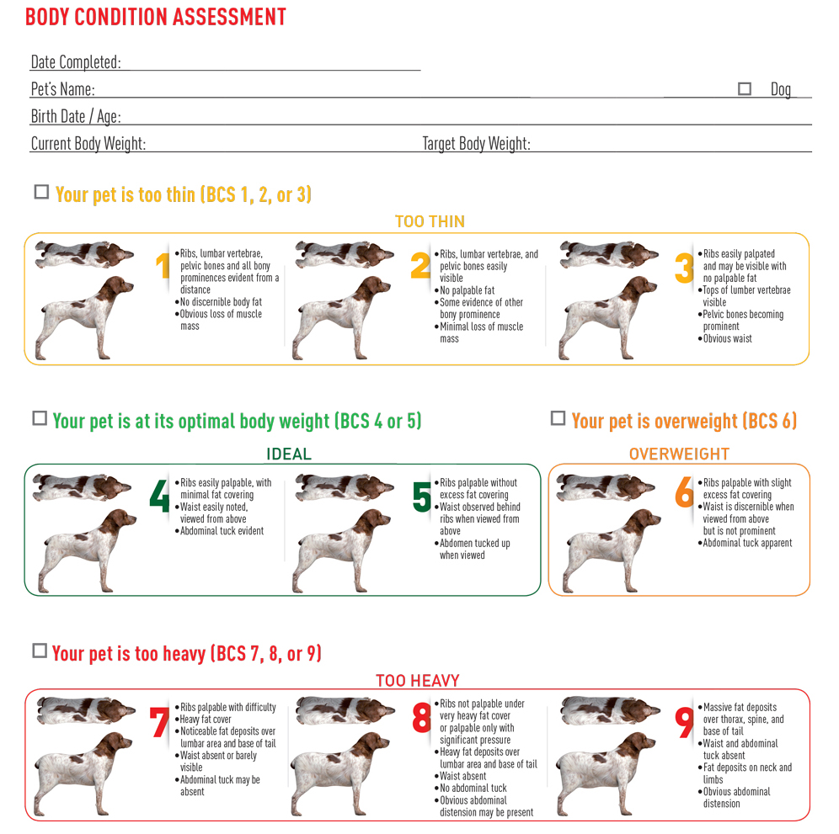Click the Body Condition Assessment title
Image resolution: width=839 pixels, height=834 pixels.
point(156,17)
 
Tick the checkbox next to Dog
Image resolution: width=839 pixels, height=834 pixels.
point(745,88)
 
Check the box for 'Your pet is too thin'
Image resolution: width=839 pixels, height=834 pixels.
point(41,192)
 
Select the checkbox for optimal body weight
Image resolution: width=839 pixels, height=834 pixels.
point(40,418)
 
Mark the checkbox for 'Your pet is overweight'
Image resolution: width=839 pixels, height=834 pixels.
point(558,418)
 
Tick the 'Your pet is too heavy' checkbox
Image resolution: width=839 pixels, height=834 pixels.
point(40,651)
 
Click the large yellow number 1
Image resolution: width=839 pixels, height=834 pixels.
point(164,266)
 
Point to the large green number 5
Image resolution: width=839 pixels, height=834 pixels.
point(422,497)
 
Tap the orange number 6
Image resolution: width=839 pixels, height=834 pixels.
point(684,495)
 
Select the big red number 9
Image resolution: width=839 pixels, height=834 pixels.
point(685,722)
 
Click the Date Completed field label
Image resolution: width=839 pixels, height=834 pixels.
point(76,62)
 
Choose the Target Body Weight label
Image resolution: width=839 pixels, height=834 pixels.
point(476,144)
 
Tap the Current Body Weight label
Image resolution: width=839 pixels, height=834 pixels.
point(88,144)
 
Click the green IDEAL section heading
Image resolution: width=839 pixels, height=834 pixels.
point(289,454)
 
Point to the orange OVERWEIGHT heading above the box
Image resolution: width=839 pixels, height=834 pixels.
point(679,454)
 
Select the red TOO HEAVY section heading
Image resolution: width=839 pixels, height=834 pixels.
point(418,681)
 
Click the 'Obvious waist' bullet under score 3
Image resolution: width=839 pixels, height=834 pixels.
point(728,338)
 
